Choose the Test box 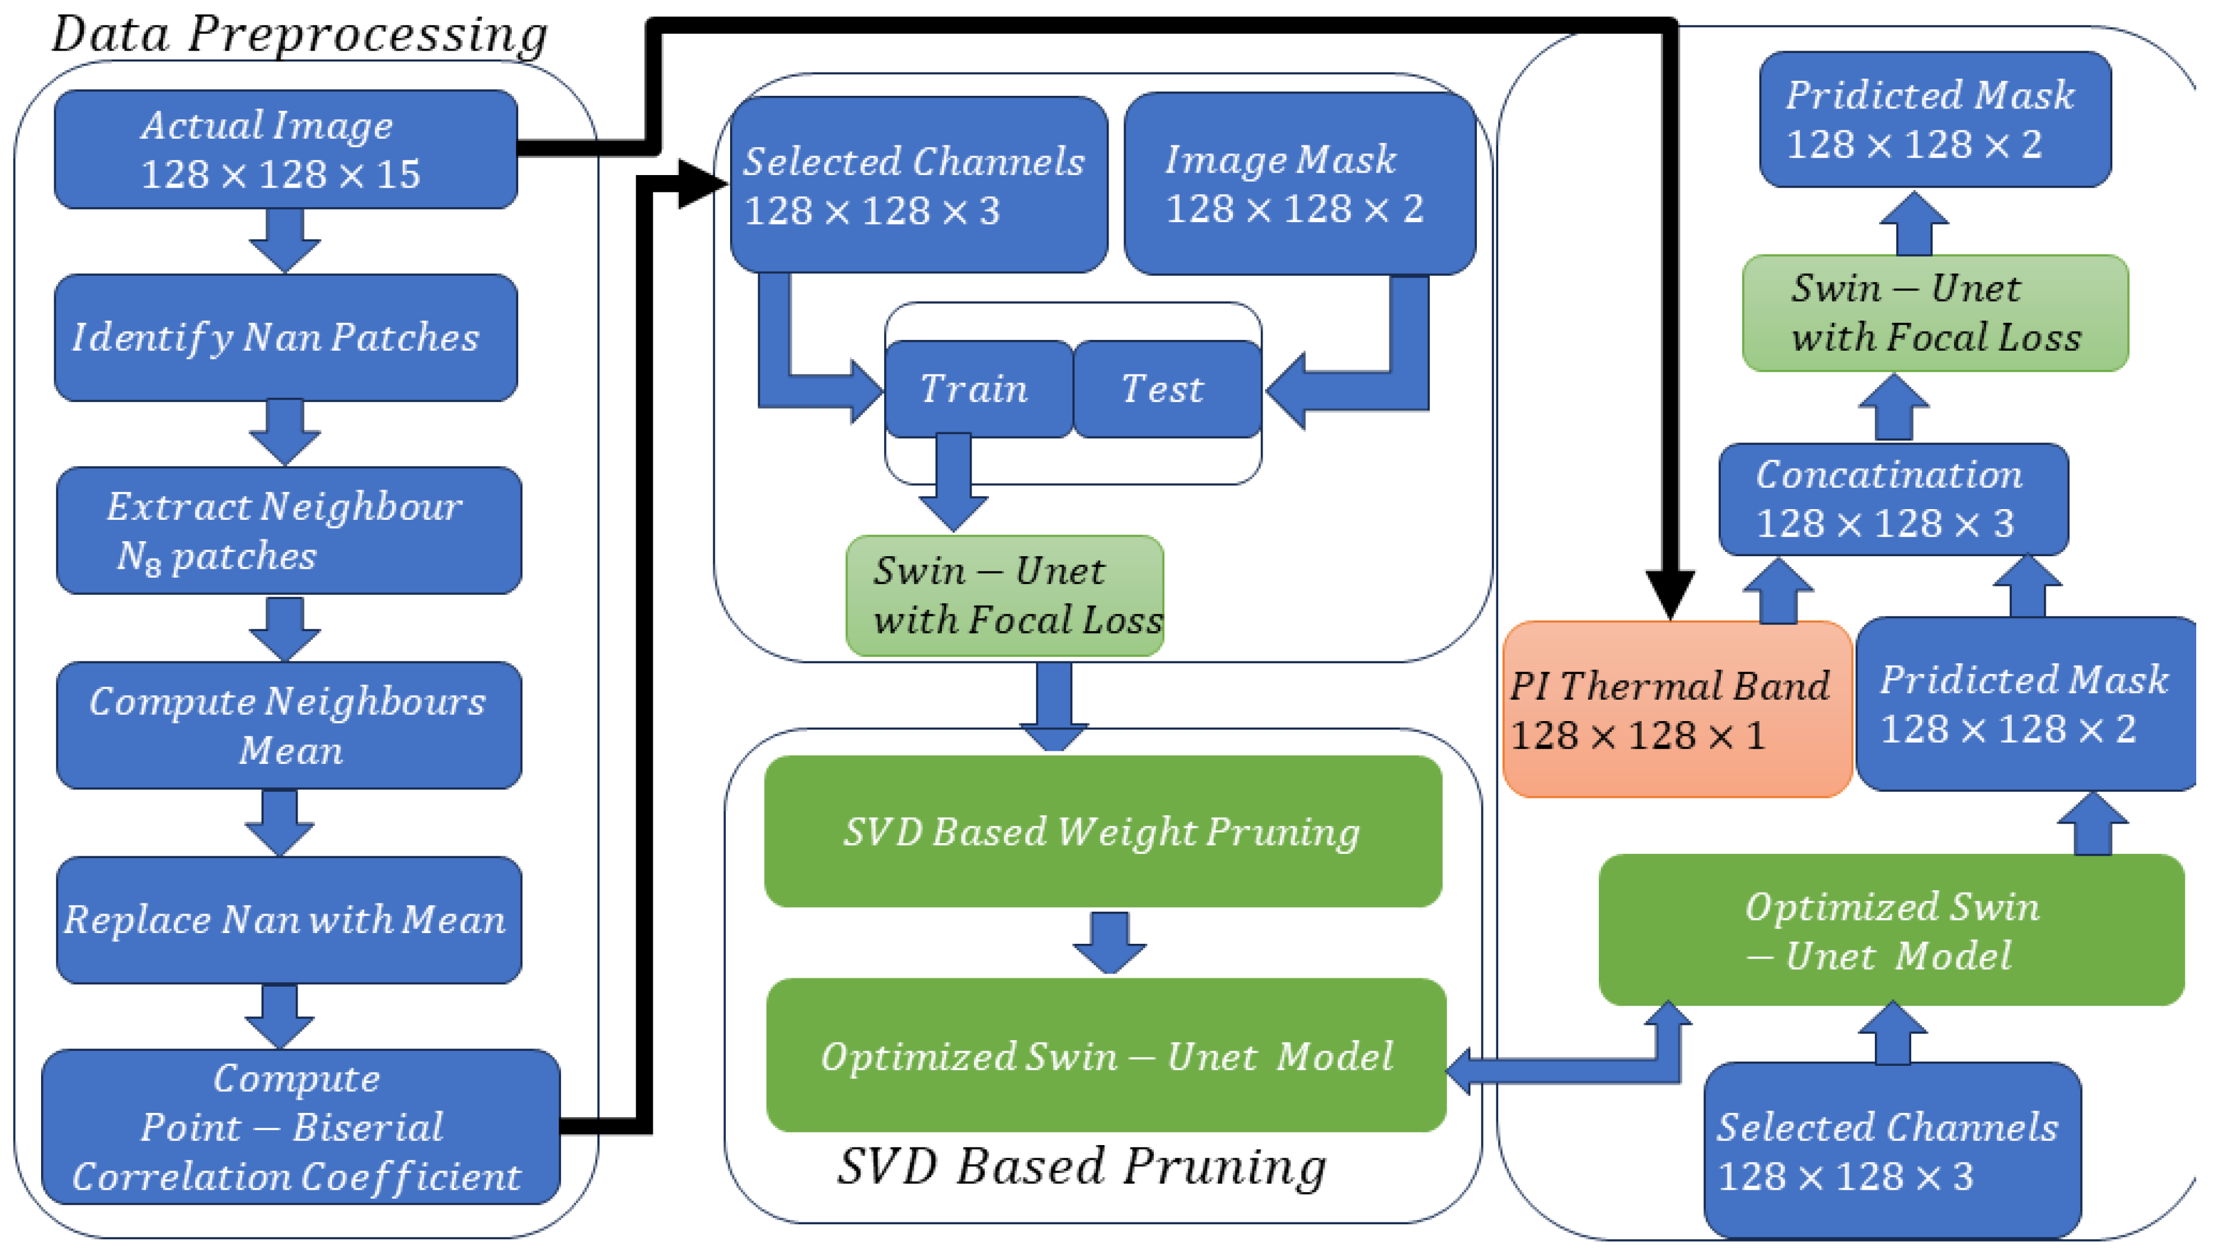click(1166, 388)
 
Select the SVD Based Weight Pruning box click(1102, 831)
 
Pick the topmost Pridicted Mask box click(1934, 119)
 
